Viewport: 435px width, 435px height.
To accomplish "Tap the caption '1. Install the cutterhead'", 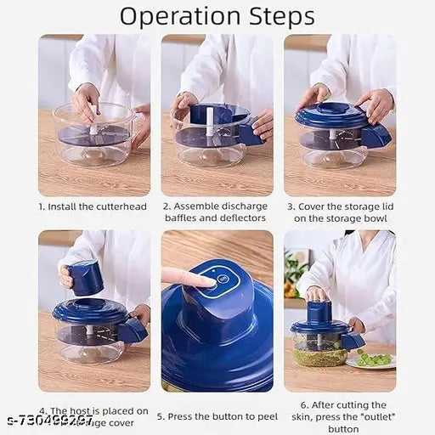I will (x=93, y=206).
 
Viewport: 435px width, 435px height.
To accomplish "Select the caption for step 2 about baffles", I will (x=217, y=212).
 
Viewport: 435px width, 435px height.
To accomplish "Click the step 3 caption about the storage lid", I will (x=340, y=212).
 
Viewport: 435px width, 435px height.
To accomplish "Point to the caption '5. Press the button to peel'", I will (x=217, y=416).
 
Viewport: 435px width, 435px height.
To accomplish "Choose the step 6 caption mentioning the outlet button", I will (x=340, y=411).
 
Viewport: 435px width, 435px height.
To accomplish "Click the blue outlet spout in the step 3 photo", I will (x=375, y=135).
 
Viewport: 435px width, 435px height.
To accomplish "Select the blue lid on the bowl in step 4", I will (x=89, y=310).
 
